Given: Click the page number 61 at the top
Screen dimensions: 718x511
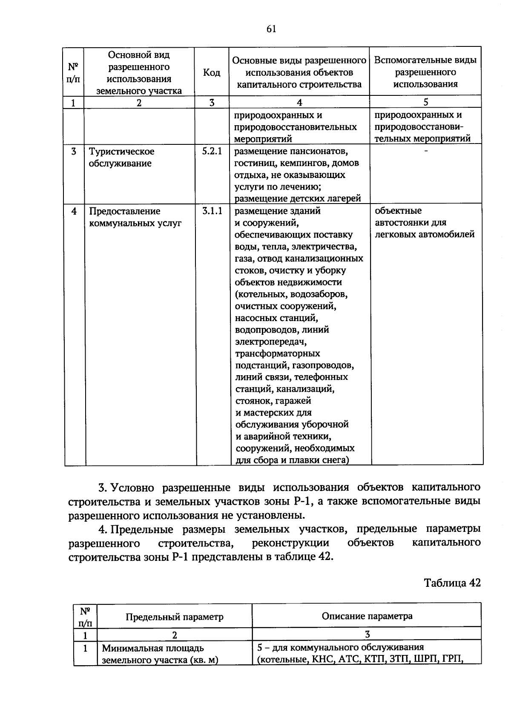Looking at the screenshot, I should pyautogui.click(x=271, y=29).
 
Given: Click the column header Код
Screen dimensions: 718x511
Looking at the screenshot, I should pyautogui.click(x=212, y=73).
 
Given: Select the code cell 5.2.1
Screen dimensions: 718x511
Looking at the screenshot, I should pyautogui.click(x=212, y=152).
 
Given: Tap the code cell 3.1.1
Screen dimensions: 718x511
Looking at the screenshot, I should pyautogui.click(x=212, y=211).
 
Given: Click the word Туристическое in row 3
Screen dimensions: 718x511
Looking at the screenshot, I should pyautogui.click(x=121, y=152).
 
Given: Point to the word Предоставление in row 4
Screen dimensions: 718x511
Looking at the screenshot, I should pyautogui.click(x=124, y=211).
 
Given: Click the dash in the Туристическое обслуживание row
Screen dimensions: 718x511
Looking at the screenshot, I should pyautogui.click(x=426, y=151).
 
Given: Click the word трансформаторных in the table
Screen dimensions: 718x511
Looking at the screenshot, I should pyautogui.click(x=277, y=353).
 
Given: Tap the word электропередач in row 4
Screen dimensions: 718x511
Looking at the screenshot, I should pyautogui.click(x=270, y=342).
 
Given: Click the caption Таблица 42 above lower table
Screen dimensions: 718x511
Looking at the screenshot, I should pyautogui.click(x=452, y=583).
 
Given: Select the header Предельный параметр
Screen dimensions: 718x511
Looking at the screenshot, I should pyautogui.click(x=174, y=617).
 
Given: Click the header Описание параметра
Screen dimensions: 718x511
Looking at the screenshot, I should pyautogui.click(x=367, y=616).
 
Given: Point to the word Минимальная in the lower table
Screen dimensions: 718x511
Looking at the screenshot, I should pyautogui.click(x=130, y=649).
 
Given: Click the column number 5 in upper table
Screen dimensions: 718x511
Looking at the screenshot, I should pyautogui.click(x=426, y=102).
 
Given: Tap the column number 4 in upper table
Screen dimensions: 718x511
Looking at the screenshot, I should pyautogui.click(x=299, y=102).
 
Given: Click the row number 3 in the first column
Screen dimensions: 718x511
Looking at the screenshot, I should pyautogui.click(x=74, y=152).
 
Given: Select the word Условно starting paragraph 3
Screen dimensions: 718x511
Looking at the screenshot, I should pyautogui.click(x=135, y=488).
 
